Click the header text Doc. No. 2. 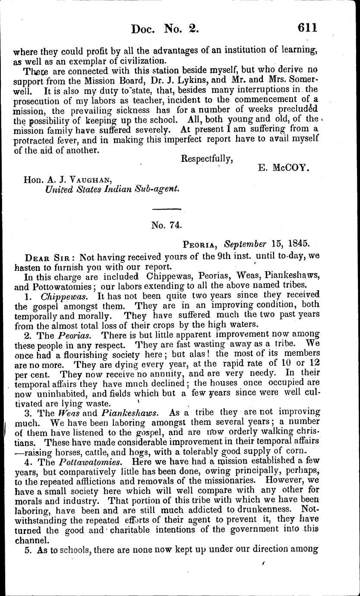[165, 29]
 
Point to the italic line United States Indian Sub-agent [113, 189]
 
